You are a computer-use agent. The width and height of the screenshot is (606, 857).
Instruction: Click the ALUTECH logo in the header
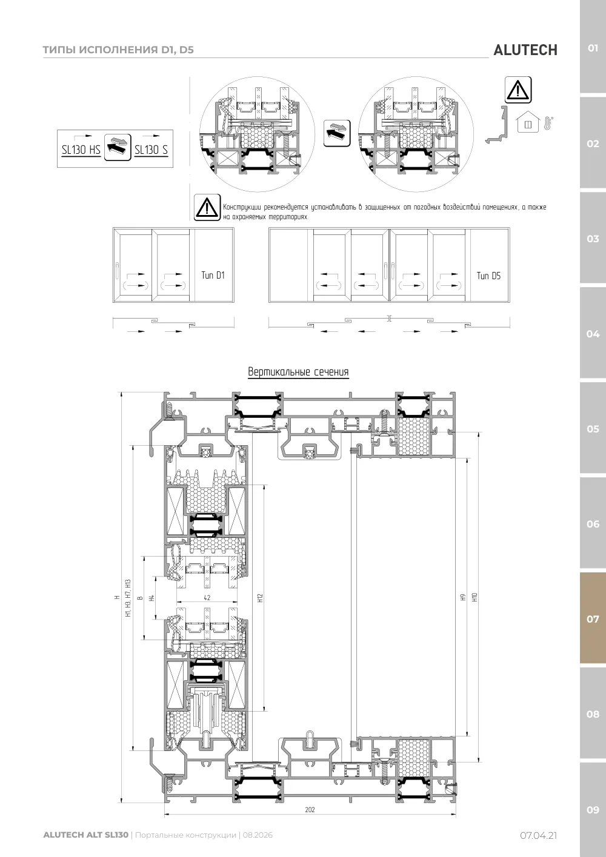(x=525, y=50)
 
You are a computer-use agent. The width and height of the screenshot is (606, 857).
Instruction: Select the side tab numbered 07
(x=593, y=618)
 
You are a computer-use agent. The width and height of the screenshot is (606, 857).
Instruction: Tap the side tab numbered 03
(x=593, y=239)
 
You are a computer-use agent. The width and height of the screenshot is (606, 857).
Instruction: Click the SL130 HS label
(x=81, y=150)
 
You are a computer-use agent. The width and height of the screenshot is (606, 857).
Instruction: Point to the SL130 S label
(x=151, y=150)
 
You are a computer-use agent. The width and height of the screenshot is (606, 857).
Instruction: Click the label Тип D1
(x=213, y=275)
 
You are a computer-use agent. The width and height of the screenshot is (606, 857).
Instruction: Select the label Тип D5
(x=488, y=276)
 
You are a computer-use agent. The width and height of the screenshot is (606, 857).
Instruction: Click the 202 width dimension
(x=310, y=810)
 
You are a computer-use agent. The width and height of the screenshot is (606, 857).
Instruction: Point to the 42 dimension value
(x=207, y=598)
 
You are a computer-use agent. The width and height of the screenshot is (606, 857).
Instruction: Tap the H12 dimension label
(x=261, y=598)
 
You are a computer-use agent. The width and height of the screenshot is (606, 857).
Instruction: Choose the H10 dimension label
(x=474, y=597)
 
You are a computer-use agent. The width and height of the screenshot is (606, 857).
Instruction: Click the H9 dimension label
(x=463, y=597)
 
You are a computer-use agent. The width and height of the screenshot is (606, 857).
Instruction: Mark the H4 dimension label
(x=151, y=598)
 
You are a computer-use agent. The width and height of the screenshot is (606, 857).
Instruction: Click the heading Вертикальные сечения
(x=298, y=372)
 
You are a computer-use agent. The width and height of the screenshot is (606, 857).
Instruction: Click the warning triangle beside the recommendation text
(x=207, y=207)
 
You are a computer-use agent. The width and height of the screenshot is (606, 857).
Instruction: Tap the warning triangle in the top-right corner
(x=518, y=90)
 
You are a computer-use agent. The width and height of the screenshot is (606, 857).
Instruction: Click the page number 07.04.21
(x=538, y=835)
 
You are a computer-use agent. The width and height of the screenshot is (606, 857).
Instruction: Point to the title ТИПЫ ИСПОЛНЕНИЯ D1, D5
(x=118, y=50)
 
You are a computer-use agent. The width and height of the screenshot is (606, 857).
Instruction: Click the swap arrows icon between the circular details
(x=337, y=133)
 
